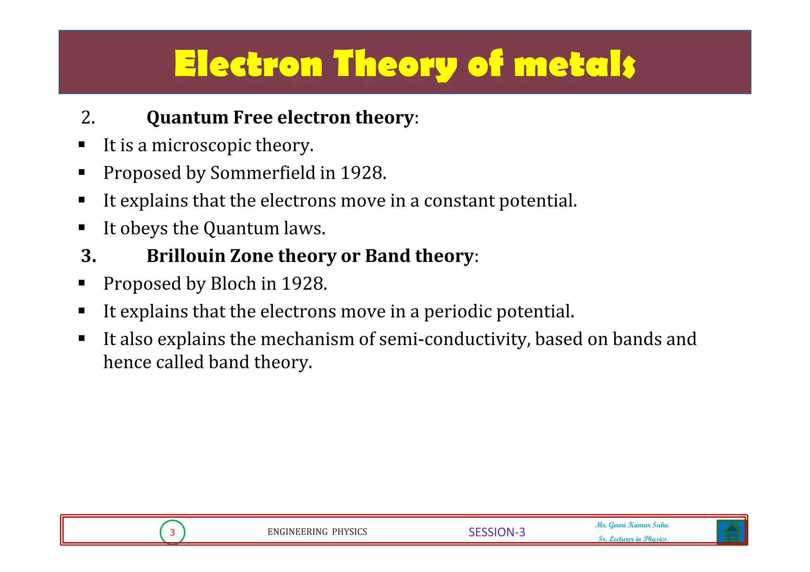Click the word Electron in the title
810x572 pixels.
tap(248, 64)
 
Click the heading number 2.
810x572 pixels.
tap(88, 117)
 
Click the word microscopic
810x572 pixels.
tap(201, 145)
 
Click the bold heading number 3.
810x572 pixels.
tap(88, 256)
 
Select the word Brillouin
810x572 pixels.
tap(185, 256)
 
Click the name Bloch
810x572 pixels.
tap(233, 283)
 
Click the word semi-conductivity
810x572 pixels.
tap(454, 339)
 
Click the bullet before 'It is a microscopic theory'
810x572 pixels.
tap(82, 145)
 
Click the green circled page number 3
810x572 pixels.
tap(172, 532)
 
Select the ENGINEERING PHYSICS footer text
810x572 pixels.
tap(317, 532)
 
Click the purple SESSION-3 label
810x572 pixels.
tap(497, 532)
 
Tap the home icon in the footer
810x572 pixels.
tap(731, 532)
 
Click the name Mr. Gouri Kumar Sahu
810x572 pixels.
tap(632, 525)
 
